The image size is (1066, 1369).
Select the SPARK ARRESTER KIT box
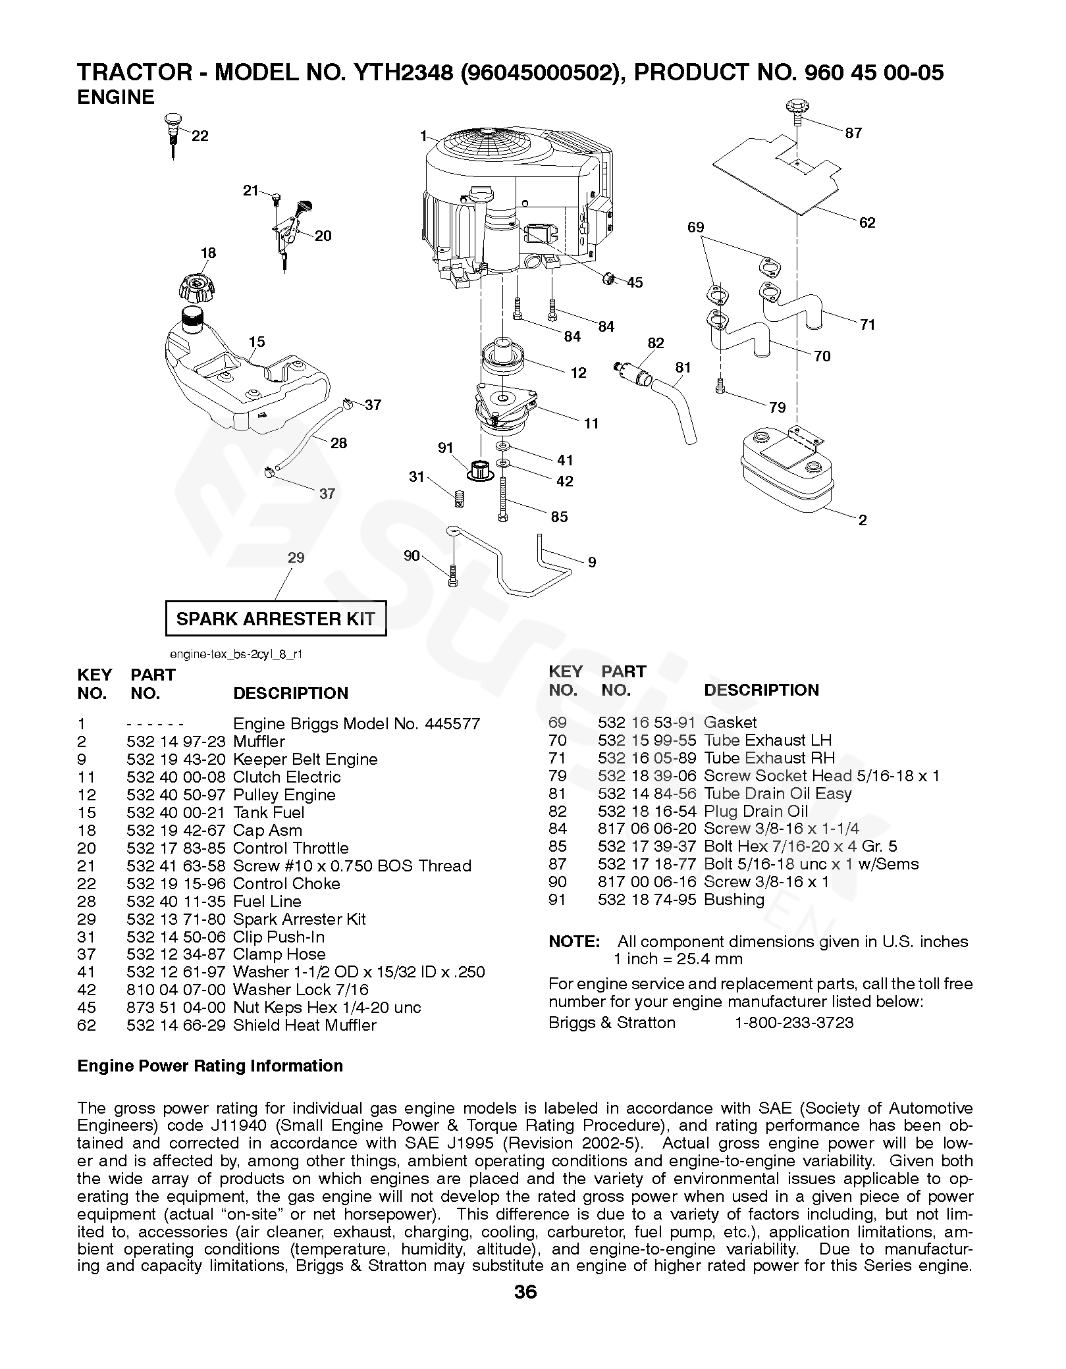275,619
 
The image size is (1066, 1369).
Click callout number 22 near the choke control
200,136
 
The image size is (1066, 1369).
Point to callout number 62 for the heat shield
867,222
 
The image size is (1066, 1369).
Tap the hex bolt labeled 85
504,498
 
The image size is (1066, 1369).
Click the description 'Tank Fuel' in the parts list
269,813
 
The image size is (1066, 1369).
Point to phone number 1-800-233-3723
793,1023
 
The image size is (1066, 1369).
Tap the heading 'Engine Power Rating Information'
210,1066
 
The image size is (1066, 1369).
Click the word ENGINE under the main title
116,97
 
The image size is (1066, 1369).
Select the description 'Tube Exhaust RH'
769,758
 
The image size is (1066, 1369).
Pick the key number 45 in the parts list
86,1008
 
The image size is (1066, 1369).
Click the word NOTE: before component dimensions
573,942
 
